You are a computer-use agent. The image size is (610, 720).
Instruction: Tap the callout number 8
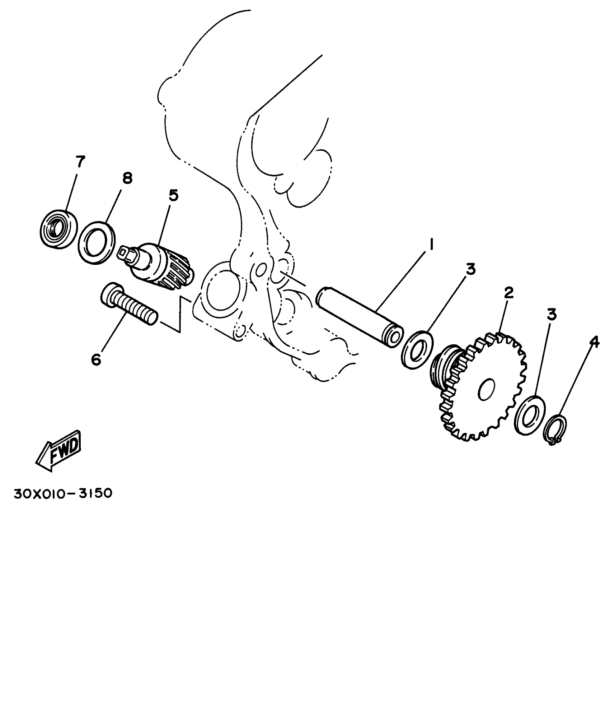tap(127, 178)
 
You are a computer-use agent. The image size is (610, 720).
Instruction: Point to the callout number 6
tap(96, 359)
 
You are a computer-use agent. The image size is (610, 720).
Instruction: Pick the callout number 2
tap(509, 294)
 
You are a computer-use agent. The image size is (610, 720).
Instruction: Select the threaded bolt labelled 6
tap(128, 305)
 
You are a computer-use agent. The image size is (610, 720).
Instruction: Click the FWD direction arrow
tap(58, 450)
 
